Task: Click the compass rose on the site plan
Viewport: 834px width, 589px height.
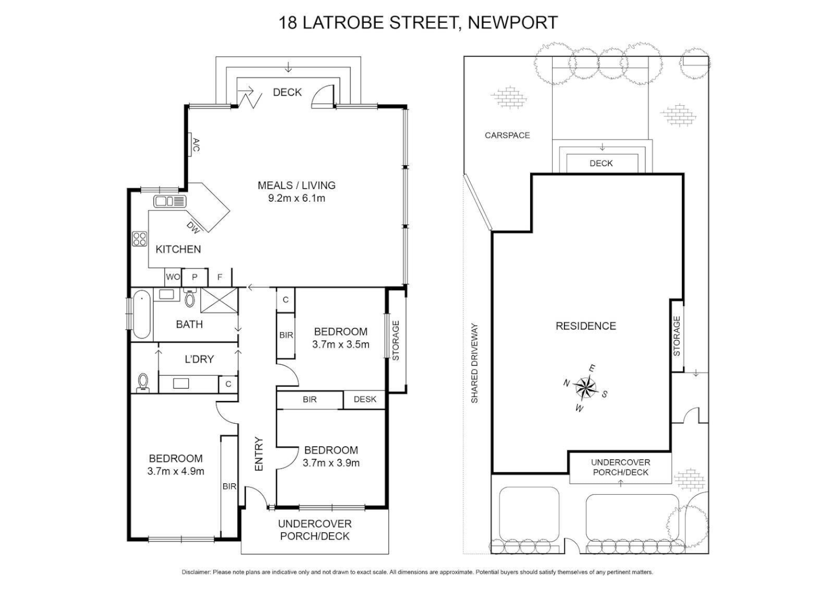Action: [x=585, y=387]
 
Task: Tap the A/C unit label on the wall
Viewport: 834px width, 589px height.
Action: [x=196, y=145]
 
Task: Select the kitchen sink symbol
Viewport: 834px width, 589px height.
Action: [x=170, y=201]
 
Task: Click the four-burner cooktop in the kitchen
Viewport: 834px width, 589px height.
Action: [x=140, y=239]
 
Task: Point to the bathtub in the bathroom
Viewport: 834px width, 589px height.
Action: [x=142, y=315]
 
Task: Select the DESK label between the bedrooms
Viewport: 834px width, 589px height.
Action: [x=365, y=399]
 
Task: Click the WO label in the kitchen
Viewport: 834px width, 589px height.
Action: [x=172, y=277]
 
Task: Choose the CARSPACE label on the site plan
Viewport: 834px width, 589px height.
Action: [x=507, y=135]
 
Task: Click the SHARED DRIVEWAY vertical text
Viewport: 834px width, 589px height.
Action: [x=475, y=363]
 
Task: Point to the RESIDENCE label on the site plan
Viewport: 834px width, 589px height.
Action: [x=586, y=326]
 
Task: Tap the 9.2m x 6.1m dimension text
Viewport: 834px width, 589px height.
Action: [x=296, y=199]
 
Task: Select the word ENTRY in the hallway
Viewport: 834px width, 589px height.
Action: [x=259, y=454]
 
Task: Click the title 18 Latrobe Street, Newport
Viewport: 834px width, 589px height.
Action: [x=418, y=22]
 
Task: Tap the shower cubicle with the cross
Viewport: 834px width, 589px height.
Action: [x=219, y=300]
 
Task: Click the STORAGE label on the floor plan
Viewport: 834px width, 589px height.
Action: [x=396, y=340]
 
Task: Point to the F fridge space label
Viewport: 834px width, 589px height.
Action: [x=220, y=277]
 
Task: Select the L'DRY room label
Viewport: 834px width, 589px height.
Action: [x=199, y=359]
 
